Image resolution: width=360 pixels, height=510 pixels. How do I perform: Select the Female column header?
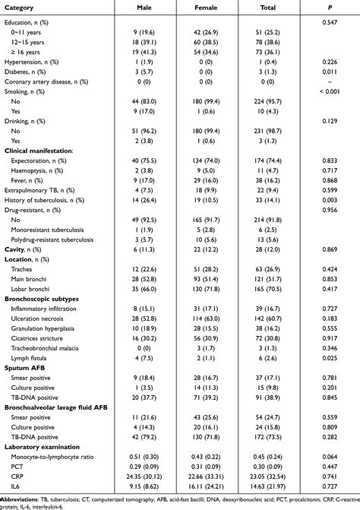207,8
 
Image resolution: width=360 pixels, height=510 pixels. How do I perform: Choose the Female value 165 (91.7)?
207,217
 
